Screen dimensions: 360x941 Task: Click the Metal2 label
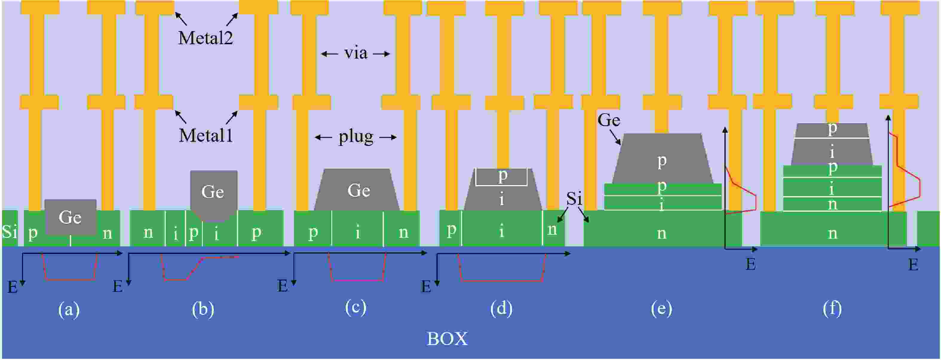pyautogui.click(x=205, y=38)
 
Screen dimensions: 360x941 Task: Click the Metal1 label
pyautogui.click(x=205, y=135)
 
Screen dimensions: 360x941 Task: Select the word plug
pyautogui.click(x=356, y=137)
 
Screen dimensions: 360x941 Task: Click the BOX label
pyautogui.click(x=447, y=339)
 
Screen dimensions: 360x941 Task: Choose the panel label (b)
pyautogui.click(x=203, y=309)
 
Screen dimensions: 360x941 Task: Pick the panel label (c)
pyautogui.click(x=355, y=307)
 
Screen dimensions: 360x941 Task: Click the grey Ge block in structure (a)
pyautogui.click(x=70, y=217)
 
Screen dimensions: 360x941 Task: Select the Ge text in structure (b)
pyautogui.click(x=213, y=192)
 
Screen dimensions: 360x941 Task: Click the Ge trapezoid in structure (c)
pyautogui.click(x=358, y=190)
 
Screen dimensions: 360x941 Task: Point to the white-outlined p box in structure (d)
pyautogui.click(x=502, y=177)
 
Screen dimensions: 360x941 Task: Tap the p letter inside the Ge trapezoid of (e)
pyautogui.click(x=662, y=161)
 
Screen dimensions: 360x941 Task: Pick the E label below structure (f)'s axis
pyautogui.click(x=913, y=265)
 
